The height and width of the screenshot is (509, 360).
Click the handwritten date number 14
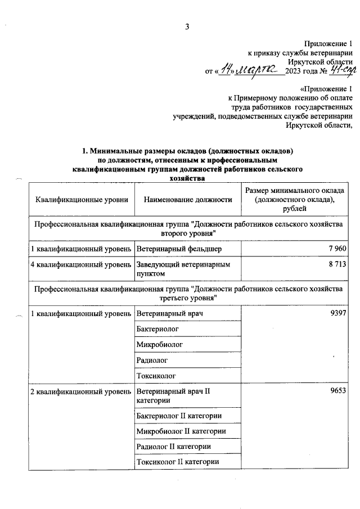click(x=227, y=70)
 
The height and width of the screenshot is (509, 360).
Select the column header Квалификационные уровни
click(x=82, y=200)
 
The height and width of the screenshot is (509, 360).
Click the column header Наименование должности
click(x=188, y=200)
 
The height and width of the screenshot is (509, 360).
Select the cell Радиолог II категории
click(x=174, y=447)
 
